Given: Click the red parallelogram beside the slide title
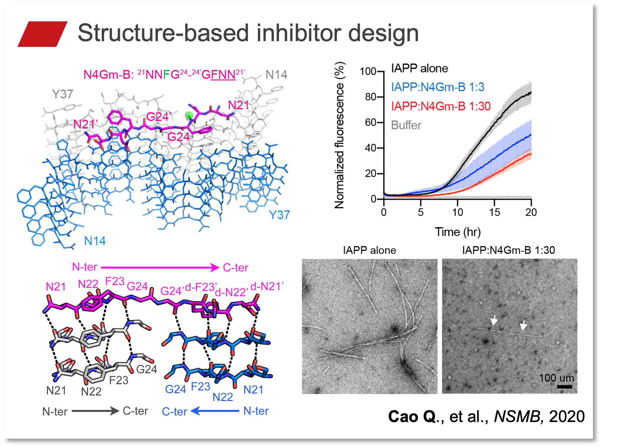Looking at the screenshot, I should [43, 34].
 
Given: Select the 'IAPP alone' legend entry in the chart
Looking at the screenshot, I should [419, 68].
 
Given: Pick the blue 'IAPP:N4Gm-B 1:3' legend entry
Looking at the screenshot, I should [437, 87].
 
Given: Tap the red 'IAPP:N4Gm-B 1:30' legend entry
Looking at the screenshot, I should [441, 106].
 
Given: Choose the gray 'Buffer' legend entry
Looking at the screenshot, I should [406, 125].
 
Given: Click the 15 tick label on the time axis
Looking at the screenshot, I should [494, 212].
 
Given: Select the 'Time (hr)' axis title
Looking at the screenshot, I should [458, 232].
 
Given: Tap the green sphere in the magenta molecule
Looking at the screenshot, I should [189, 115].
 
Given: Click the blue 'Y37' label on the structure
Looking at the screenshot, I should [279, 215].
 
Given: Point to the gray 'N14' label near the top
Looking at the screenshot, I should [276, 75].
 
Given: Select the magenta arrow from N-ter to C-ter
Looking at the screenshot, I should [160, 267].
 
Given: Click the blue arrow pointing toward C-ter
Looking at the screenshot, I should [215, 411].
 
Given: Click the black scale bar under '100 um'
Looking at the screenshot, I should [564, 386].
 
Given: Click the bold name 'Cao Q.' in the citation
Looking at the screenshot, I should [412, 416].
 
